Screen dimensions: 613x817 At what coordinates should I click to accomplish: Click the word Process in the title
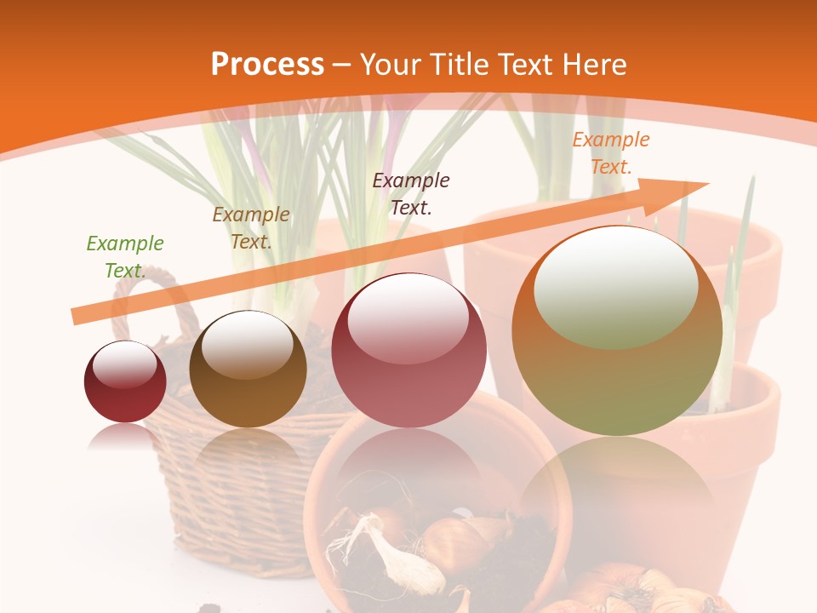coord(267,64)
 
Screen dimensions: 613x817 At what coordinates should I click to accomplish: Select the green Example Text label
coord(124,257)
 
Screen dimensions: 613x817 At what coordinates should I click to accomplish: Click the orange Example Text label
coord(610,153)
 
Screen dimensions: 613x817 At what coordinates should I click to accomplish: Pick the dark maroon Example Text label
coord(411,193)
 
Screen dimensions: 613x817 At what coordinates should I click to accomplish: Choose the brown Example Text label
coord(251,228)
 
